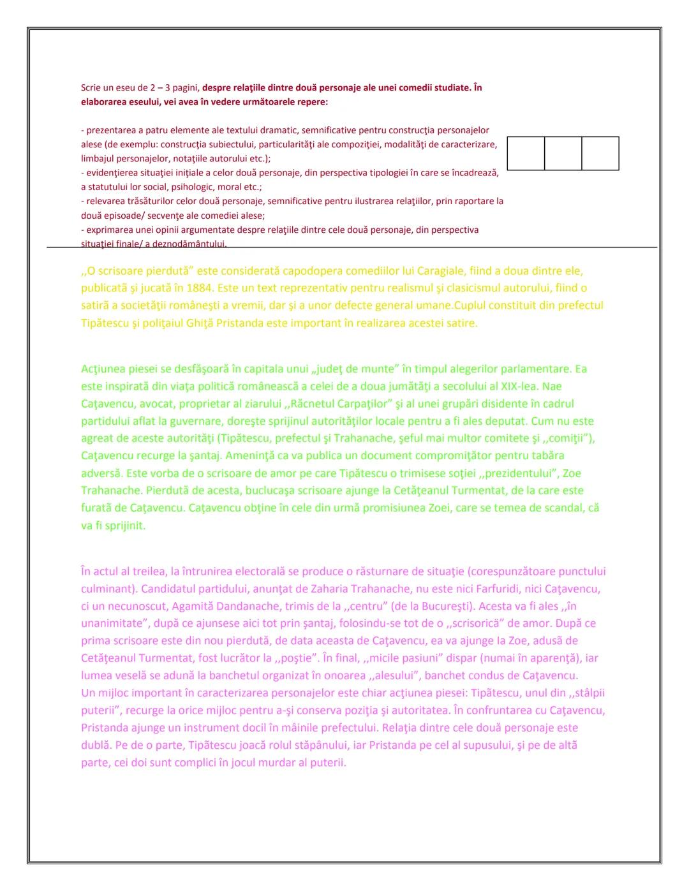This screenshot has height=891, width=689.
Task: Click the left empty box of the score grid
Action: [526, 153]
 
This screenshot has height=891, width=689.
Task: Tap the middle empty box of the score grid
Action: [563, 153]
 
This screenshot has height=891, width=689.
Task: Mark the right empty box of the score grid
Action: [600, 153]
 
